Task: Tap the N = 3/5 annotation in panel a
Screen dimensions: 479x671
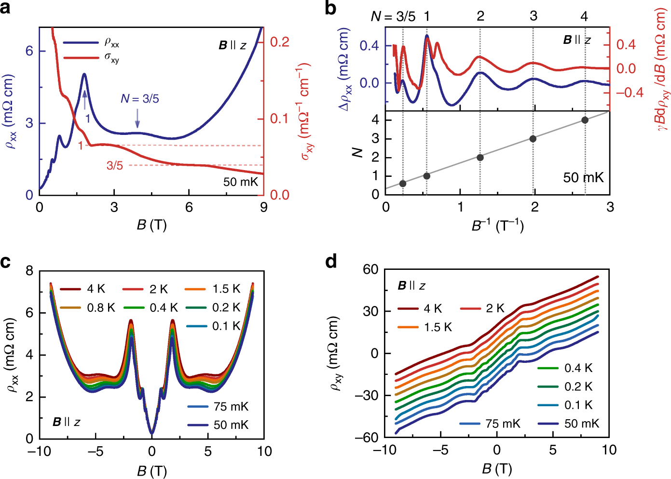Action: coord(139,99)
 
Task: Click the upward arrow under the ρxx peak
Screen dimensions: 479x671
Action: coord(85,100)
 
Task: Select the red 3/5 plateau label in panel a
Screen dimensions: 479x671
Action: coord(115,166)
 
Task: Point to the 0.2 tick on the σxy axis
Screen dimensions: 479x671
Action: coord(279,42)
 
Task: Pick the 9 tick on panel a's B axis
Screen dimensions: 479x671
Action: coord(263,207)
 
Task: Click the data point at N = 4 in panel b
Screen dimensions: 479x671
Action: coord(585,120)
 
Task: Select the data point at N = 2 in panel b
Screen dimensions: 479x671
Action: coord(480,158)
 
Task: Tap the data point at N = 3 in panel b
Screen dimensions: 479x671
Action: coord(533,139)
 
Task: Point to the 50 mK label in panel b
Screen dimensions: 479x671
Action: coord(583,178)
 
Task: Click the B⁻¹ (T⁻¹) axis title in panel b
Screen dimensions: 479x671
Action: coord(497,226)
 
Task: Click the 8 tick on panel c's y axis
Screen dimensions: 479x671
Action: coord(30,271)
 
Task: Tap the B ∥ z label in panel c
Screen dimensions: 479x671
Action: coord(66,422)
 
